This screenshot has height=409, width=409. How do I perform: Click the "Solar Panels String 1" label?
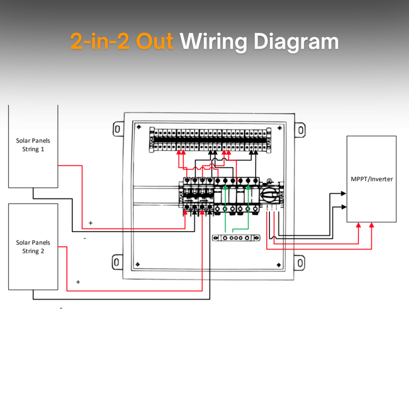click(33, 145)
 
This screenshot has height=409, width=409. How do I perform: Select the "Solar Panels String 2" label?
click(33, 247)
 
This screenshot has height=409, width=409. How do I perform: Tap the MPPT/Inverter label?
click(371, 179)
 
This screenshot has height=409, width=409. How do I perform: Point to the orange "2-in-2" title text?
click(100, 42)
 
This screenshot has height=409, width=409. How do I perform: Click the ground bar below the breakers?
click(236, 238)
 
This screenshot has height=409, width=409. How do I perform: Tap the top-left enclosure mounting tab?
click(117, 129)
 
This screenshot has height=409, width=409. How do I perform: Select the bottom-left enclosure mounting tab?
click(117, 262)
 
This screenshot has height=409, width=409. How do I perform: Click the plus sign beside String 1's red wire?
click(91, 223)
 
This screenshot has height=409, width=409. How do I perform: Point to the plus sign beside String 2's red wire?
click(78, 282)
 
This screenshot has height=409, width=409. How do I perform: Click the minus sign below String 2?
click(61, 308)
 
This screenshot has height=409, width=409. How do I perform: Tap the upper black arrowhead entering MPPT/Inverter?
click(343, 193)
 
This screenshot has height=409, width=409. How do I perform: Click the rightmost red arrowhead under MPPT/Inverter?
click(372, 225)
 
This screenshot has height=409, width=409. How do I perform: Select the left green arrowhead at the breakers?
click(226, 186)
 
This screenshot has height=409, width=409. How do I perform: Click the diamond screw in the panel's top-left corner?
click(139, 127)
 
